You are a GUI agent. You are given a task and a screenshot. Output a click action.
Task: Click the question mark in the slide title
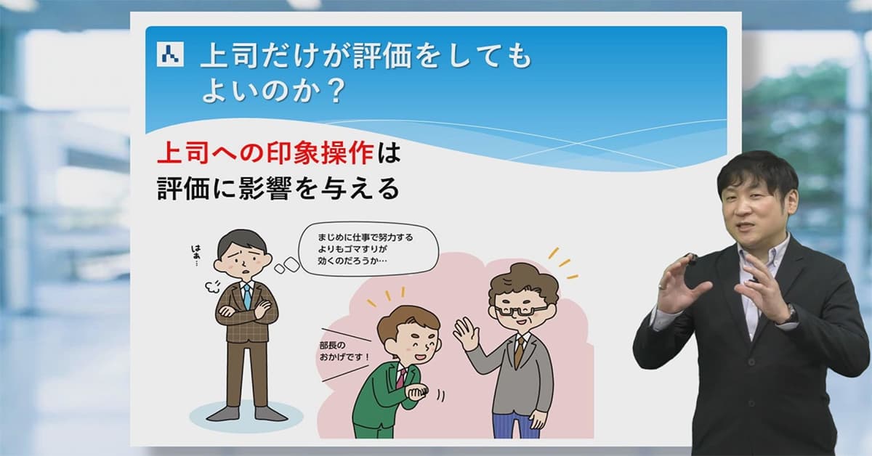click(335, 91)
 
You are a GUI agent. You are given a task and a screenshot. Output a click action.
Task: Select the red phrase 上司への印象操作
click(266, 154)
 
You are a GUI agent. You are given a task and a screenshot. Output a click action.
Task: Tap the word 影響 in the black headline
click(265, 189)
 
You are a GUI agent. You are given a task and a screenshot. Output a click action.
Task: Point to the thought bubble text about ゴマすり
click(365, 249)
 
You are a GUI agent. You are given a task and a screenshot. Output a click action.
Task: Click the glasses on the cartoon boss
click(520, 311)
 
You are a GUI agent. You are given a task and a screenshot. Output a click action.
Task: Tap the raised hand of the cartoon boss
click(464, 332)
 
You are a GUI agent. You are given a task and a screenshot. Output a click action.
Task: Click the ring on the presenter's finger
click(661, 286)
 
